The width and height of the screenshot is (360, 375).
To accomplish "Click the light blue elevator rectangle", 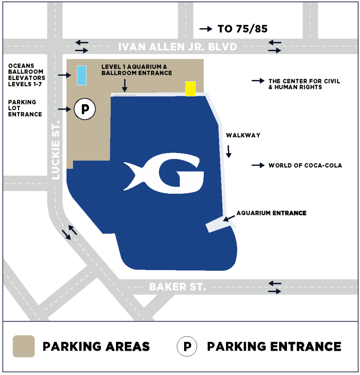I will pyautogui.click(x=82, y=75).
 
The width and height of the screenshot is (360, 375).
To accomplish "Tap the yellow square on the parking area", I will pyautogui.click(x=190, y=89).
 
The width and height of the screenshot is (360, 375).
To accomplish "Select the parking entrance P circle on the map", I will pyautogui.click(x=85, y=109).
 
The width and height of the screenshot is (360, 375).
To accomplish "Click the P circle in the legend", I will pyautogui.click(x=187, y=346).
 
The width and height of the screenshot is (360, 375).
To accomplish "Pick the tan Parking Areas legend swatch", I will pyautogui.click(x=24, y=346).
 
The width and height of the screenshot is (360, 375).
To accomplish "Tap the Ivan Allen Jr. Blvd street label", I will pyautogui.click(x=178, y=47).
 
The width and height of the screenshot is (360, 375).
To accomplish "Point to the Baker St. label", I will pyautogui.click(x=177, y=287).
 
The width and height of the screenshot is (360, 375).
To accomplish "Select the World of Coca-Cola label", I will pyautogui.click(x=305, y=166).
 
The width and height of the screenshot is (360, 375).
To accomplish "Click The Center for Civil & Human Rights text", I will pyautogui.click(x=304, y=84).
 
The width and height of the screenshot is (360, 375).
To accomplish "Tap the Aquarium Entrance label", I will pyautogui.click(x=271, y=213).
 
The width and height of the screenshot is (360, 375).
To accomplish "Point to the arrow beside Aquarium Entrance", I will pyautogui.click(x=230, y=219).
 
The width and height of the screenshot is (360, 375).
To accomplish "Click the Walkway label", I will pyautogui.click(x=243, y=135).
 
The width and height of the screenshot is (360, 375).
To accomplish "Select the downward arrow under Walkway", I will pyautogui.click(x=229, y=151).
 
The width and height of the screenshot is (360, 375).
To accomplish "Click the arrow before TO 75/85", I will pyautogui.click(x=206, y=29).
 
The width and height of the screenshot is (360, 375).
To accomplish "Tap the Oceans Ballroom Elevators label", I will pyautogui.click(x=27, y=75).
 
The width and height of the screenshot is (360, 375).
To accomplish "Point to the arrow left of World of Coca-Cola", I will pyautogui.click(x=258, y=166).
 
